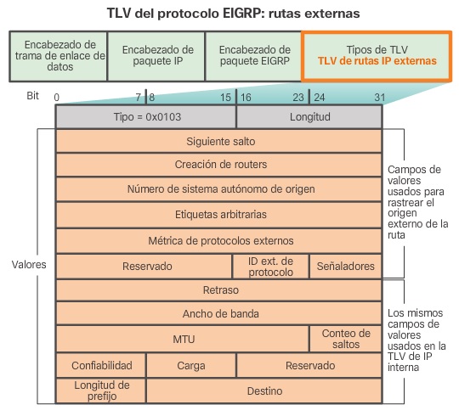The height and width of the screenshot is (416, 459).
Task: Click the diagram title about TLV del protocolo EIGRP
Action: click(229, 14)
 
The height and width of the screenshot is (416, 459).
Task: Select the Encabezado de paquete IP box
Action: click(156, 56)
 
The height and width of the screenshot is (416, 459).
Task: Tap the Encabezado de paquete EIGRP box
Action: click(254, 56)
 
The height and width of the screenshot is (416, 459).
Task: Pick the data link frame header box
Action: click(59, 56)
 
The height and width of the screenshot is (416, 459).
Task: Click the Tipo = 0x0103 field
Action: click(145, 115)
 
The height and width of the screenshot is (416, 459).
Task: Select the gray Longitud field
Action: click(309, 115)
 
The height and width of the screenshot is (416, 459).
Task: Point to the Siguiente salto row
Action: click(219, 140)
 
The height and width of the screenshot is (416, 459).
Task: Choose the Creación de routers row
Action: click(219, 165)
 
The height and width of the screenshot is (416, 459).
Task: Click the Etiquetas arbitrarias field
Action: click(219, 215)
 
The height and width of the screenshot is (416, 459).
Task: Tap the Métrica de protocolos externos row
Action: click(219, 240)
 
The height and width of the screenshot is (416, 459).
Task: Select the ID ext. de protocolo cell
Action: click(270, 266)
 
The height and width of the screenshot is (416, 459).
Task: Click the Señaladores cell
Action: click(345, 266)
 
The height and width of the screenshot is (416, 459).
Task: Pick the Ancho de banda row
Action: click(219, 314)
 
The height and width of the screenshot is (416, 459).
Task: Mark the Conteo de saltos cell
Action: click(345, 339)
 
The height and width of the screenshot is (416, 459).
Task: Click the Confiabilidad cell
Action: click(100, 365)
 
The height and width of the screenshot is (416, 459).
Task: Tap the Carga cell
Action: click(191, 365)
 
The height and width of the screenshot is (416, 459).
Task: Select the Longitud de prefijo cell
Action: click(100, 391)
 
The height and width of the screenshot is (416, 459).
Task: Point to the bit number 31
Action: click(378, 97)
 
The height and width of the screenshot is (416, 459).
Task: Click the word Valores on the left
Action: click(29, 264)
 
